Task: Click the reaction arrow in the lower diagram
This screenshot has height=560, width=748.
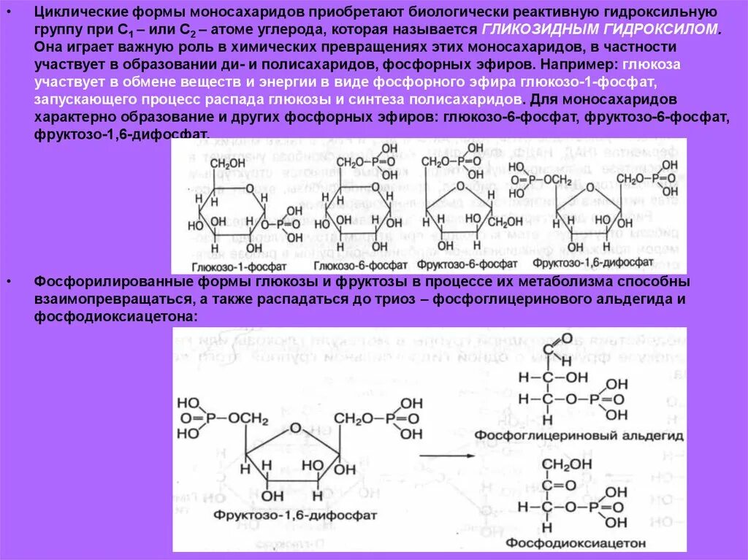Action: pos(446,456)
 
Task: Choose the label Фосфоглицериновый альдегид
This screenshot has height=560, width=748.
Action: pos(579,435)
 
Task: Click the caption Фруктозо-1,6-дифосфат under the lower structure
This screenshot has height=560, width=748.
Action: pos(296,515)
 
